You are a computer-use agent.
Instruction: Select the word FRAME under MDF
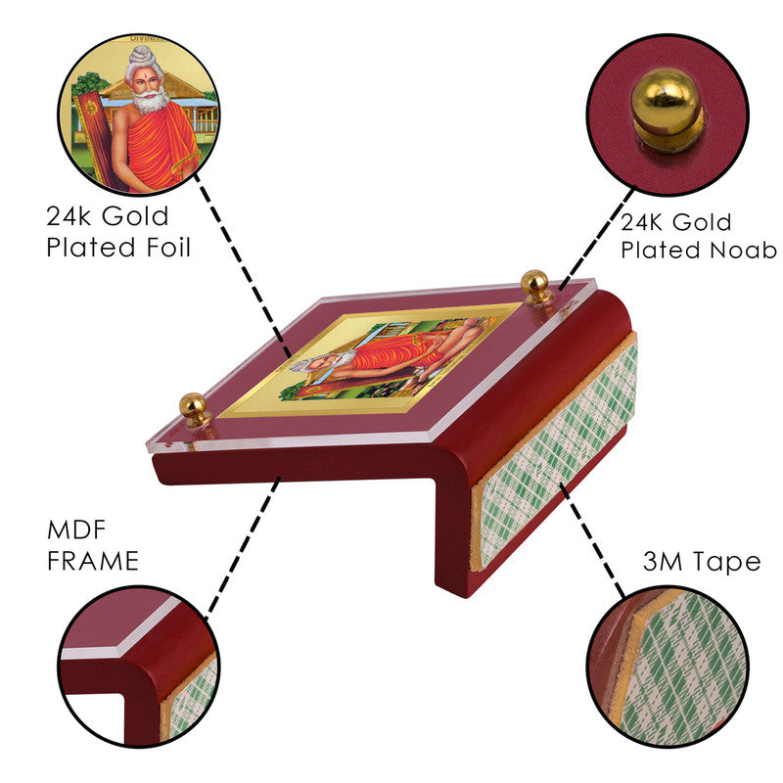93,561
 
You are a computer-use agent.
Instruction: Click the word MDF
76,530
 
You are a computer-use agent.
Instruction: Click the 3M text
663,561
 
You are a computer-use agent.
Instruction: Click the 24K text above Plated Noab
642,222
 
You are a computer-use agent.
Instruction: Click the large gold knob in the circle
668,110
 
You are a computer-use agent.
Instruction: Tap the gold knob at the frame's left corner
194,409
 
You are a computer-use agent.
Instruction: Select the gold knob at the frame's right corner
534,287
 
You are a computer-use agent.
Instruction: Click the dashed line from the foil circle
242,265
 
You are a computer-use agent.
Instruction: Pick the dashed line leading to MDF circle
243,548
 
